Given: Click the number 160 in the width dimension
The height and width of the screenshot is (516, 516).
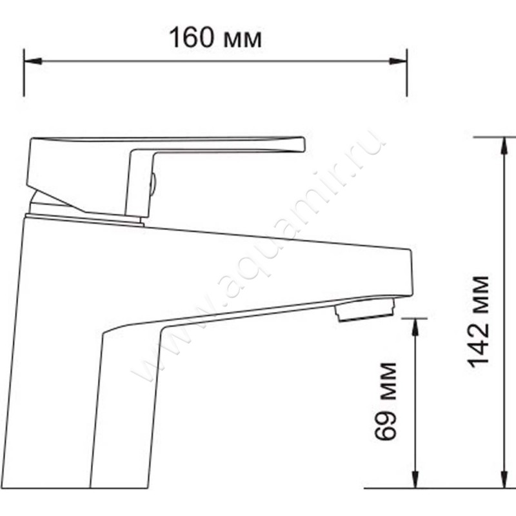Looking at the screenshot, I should pyautogui.click(x=192, y=38).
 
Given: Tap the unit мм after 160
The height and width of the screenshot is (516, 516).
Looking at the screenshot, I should pyautogui.click(x=242, y=40).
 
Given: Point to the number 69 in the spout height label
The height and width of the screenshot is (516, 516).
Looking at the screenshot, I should pyautogui.click(x=385, y=427).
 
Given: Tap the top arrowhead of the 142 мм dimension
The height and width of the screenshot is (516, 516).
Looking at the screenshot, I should pyautogui.click(x=504, y=145).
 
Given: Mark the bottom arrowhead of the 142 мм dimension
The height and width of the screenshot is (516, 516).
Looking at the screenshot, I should pyautogui.click(x=504, y=480).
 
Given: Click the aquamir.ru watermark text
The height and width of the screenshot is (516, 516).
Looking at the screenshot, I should pyautogui.click(x=258, y=258).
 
